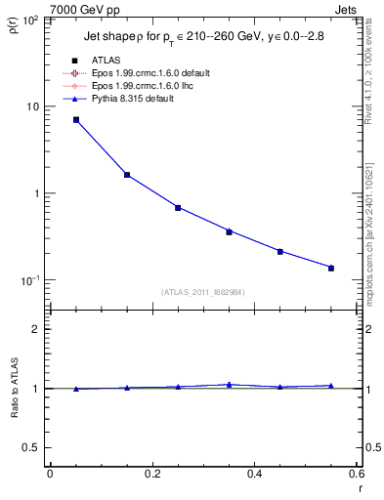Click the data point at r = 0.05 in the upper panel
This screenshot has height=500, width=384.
coord(76,120)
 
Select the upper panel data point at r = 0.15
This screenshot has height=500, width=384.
coord(127,175)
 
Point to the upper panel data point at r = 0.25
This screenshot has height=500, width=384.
coord(178,207)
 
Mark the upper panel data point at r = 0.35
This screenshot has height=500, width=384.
coord(229,231)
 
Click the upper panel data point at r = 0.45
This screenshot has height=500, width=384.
coord(279,251)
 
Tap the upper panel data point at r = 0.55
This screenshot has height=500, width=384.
coord(331,268)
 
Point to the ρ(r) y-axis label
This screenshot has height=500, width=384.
coord(12,22)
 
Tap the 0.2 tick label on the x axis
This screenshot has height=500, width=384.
coord(151,474)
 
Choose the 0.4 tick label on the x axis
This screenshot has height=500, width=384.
coord(254,474)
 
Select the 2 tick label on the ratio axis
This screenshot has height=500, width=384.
coord(36,329)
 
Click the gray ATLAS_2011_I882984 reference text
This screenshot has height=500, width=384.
coord(202,291)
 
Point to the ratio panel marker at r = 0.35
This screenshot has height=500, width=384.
coord(229,385)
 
